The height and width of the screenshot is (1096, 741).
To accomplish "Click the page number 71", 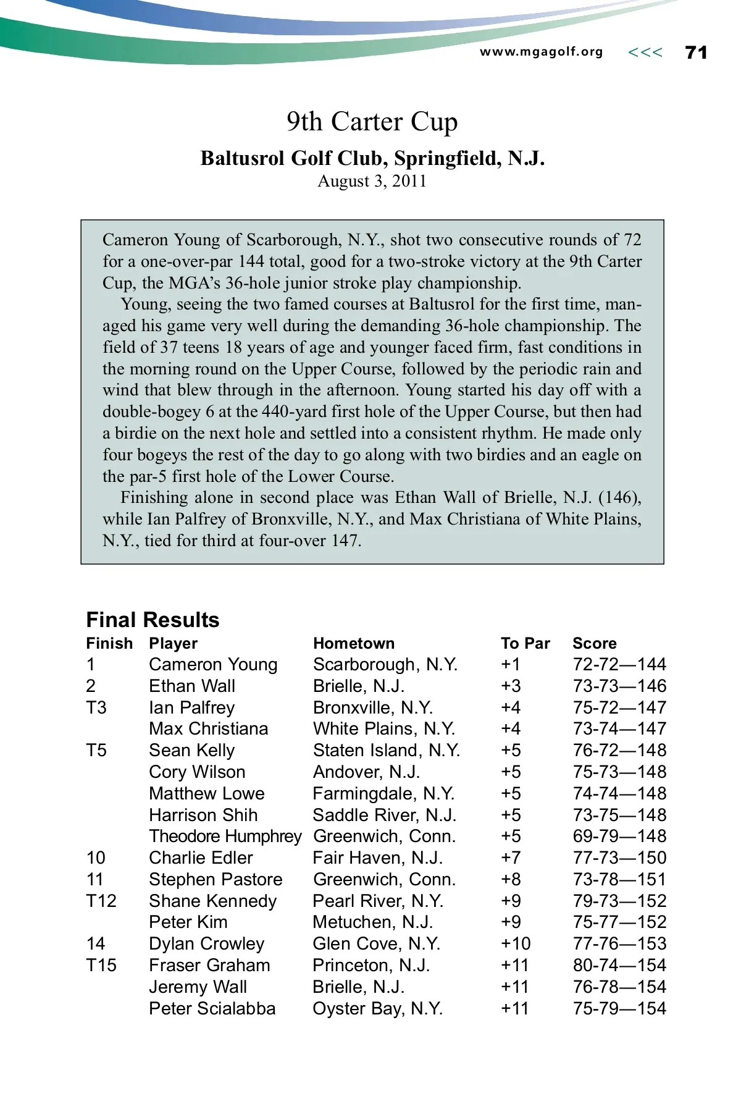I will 696,53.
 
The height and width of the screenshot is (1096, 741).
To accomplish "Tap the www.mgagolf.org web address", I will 541,52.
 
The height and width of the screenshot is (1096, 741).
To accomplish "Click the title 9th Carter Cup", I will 372,122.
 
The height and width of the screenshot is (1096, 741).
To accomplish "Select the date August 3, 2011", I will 372,181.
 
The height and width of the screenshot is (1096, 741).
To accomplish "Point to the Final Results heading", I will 153,620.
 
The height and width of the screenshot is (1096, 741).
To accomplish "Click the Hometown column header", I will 353,643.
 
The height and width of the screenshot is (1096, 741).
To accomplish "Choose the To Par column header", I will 525,643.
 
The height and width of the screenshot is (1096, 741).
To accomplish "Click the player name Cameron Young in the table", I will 213,664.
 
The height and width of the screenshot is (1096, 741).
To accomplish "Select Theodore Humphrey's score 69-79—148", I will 619,836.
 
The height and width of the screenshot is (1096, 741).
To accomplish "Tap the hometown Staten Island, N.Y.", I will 387,750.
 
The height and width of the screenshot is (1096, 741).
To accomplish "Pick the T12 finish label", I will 101,901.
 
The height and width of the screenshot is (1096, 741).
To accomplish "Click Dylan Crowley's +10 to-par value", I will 516,943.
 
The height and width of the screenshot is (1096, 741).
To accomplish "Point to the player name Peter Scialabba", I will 212,1008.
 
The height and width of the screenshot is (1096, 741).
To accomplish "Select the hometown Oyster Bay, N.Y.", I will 377,1008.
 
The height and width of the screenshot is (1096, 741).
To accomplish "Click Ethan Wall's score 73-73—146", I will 619,686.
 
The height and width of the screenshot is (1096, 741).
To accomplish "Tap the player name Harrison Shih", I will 203,815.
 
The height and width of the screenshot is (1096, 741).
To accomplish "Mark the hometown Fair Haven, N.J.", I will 377,858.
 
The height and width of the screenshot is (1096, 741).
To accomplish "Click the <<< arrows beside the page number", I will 645,53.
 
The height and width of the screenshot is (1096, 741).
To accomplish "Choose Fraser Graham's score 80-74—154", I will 619,965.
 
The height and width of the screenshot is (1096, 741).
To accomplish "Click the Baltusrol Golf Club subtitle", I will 372,159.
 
